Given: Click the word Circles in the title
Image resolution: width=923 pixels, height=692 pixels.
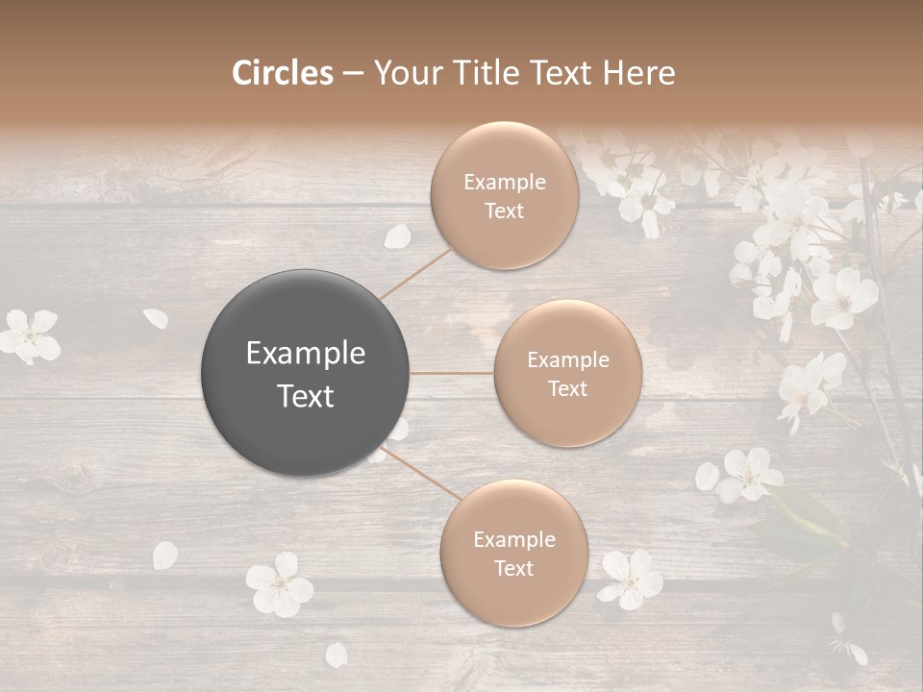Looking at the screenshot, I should [283, 73].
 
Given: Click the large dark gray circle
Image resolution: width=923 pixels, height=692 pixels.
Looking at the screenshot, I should [306, 373].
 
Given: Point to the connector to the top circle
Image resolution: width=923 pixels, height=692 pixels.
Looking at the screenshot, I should [415, 273].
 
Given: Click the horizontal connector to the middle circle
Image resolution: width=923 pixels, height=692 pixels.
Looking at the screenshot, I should [451, 373].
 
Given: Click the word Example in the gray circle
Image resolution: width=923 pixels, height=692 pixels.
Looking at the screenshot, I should [306, 354].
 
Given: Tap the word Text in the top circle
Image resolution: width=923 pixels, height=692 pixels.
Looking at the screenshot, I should [504, 211].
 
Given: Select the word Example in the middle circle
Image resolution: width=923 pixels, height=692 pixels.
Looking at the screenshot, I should [568, 360].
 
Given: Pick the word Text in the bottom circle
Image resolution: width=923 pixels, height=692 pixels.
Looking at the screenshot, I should [513, 568].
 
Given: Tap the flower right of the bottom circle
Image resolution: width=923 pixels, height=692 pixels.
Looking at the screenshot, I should [631, 579].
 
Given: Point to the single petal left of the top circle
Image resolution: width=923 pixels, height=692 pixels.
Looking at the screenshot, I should [398, 236].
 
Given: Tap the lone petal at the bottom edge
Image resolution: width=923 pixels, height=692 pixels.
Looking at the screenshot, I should [337, 655].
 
